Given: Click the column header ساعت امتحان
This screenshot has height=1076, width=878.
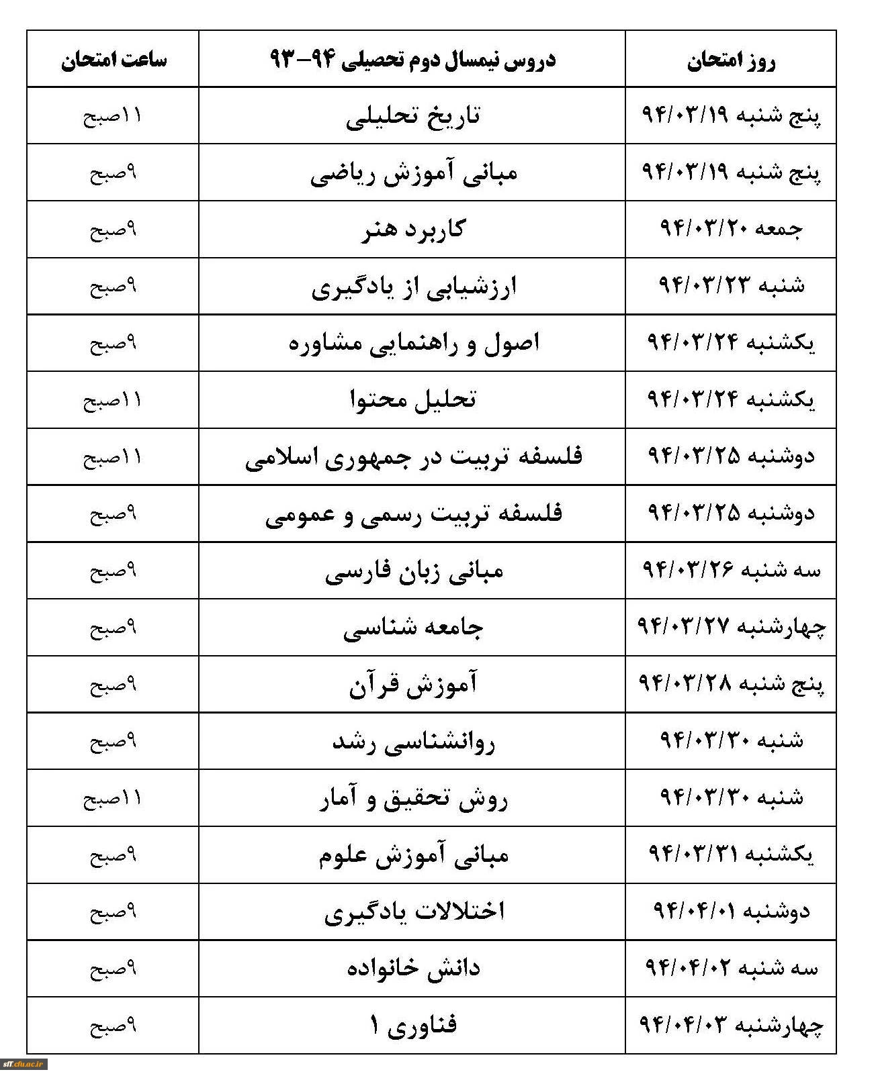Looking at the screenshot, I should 114,60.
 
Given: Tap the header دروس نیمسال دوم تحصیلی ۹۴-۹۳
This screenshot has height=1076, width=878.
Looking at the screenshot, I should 412,60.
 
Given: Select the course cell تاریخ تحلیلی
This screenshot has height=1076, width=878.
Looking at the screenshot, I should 413,117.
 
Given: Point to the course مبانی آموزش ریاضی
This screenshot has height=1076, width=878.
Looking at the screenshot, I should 413,174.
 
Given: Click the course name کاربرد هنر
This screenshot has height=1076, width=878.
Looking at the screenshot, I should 413,230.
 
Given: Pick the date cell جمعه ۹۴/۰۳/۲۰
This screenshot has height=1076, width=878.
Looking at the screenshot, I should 731,229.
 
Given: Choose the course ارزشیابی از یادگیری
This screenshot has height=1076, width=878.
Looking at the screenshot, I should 413,287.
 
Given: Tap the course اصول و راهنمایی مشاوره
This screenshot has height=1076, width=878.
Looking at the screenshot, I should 413,344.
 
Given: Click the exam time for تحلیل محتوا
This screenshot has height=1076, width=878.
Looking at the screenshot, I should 113,401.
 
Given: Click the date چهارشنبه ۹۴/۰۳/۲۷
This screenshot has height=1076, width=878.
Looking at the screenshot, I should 731,627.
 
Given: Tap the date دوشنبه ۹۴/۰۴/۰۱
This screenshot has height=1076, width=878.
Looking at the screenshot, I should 731,911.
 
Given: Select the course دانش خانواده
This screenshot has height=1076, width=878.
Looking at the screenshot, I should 413,969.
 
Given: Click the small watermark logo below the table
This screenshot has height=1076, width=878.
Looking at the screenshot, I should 24,1064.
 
